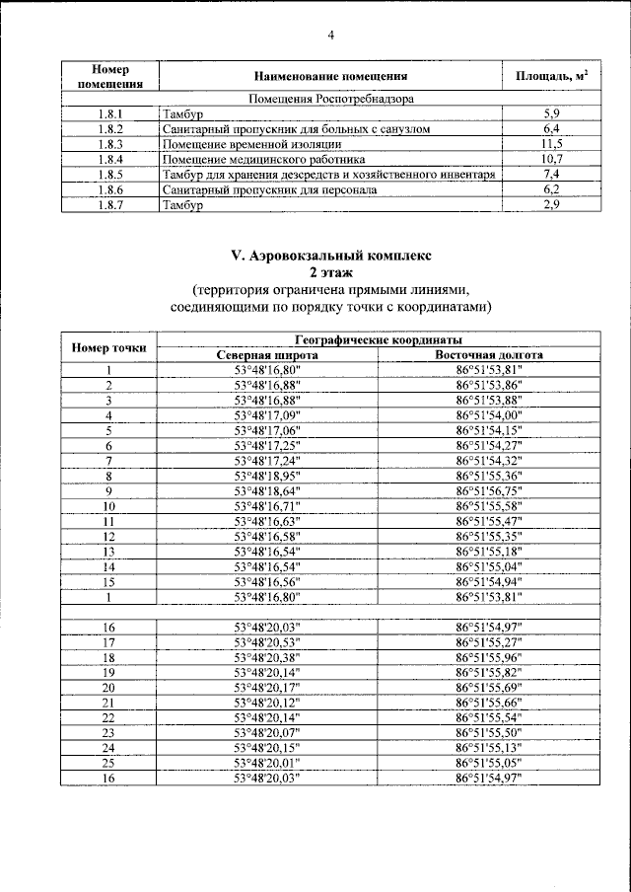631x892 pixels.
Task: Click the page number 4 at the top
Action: [331, 37]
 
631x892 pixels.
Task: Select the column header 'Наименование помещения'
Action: [330, 76]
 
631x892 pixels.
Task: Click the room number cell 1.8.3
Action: [109, 143]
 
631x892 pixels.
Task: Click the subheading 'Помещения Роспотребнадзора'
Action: [331, 99]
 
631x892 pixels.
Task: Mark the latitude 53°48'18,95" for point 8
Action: [266, 476]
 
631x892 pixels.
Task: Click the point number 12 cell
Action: [109, 536]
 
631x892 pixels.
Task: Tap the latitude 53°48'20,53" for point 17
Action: [266, 641]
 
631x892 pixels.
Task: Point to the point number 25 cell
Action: [109, 763]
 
